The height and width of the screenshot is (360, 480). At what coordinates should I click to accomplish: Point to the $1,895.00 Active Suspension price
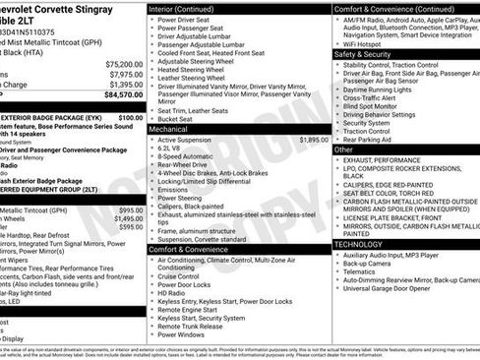[x=313, y=140]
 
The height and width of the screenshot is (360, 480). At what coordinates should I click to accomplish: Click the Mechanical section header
[x=168, y=129]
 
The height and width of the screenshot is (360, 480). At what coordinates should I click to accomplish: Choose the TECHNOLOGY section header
[x=358, y=243]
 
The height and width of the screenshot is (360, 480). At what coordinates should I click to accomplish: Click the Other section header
[x=343, y=150]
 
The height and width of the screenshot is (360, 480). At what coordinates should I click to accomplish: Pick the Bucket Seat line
[x=178, y=118]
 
